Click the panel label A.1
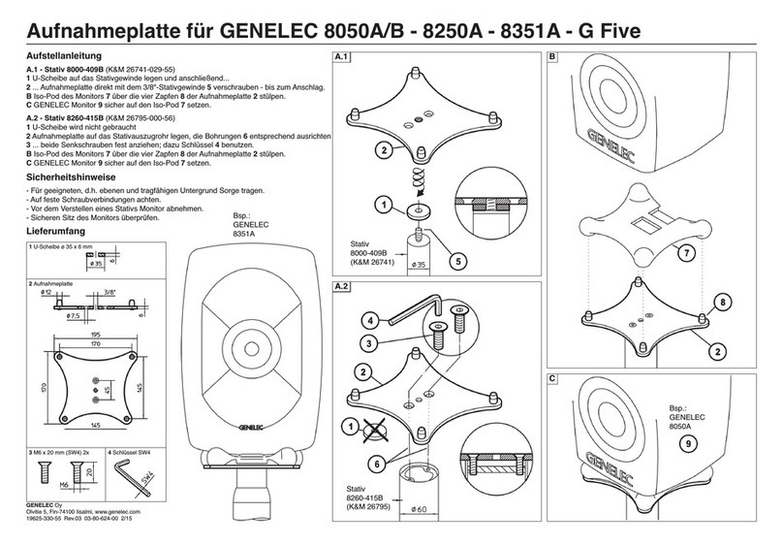340,58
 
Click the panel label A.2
340,288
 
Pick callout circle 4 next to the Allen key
372,320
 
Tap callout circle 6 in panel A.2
372,464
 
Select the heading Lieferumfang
55,234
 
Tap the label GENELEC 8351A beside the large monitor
246,227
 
